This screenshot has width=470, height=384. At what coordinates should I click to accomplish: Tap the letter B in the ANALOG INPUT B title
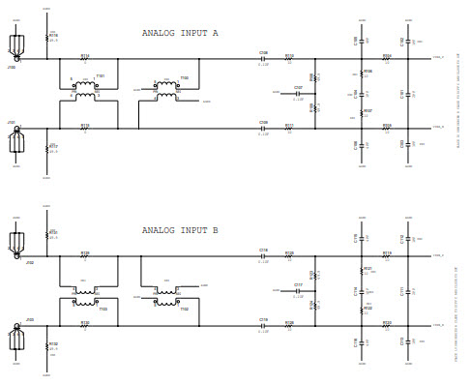[x=215, y=230]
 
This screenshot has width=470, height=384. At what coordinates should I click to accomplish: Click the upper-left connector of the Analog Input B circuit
[x=16, y=242]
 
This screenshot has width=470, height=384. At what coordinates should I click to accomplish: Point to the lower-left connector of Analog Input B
[x=15, y=336]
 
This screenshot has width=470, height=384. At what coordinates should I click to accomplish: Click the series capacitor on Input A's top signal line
[x=263, y=59]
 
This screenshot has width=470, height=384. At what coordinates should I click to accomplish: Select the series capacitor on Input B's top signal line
[x=263, y=257]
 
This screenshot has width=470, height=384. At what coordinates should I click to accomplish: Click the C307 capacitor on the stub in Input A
[x=298, y=94]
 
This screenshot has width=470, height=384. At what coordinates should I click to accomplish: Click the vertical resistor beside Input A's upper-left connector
[x=47, y=39]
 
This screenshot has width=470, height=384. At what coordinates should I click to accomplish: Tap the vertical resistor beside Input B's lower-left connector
[x=47, y=345]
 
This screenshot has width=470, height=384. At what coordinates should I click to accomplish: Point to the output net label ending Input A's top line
[x=438, y=59]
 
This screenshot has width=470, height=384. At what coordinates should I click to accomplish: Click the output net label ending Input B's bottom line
[x=438, y=326]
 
